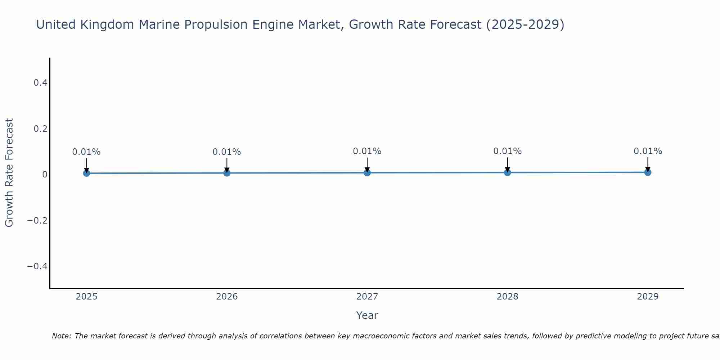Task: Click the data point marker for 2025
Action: pos(86,173)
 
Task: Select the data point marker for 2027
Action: pos(367,173)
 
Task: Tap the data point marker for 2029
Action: pos(648,172)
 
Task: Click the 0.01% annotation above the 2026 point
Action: pos(227,152)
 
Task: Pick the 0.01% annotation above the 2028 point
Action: pos(507,151)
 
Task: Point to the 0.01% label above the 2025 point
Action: pos(86,152)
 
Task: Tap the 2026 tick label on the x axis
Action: pos(227,297)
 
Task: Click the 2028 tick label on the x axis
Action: pos(507,297)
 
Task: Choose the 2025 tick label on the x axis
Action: pos(87,297)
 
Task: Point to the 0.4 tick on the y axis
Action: pos(40,83)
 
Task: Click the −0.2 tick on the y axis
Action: pos(37,220)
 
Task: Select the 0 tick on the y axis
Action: pos(45,175)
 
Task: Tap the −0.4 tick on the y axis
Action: pos(37,266)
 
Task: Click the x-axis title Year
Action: pos(367,315)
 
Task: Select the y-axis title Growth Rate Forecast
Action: pos(9,172)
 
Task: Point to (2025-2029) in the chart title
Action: pos(525,24)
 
